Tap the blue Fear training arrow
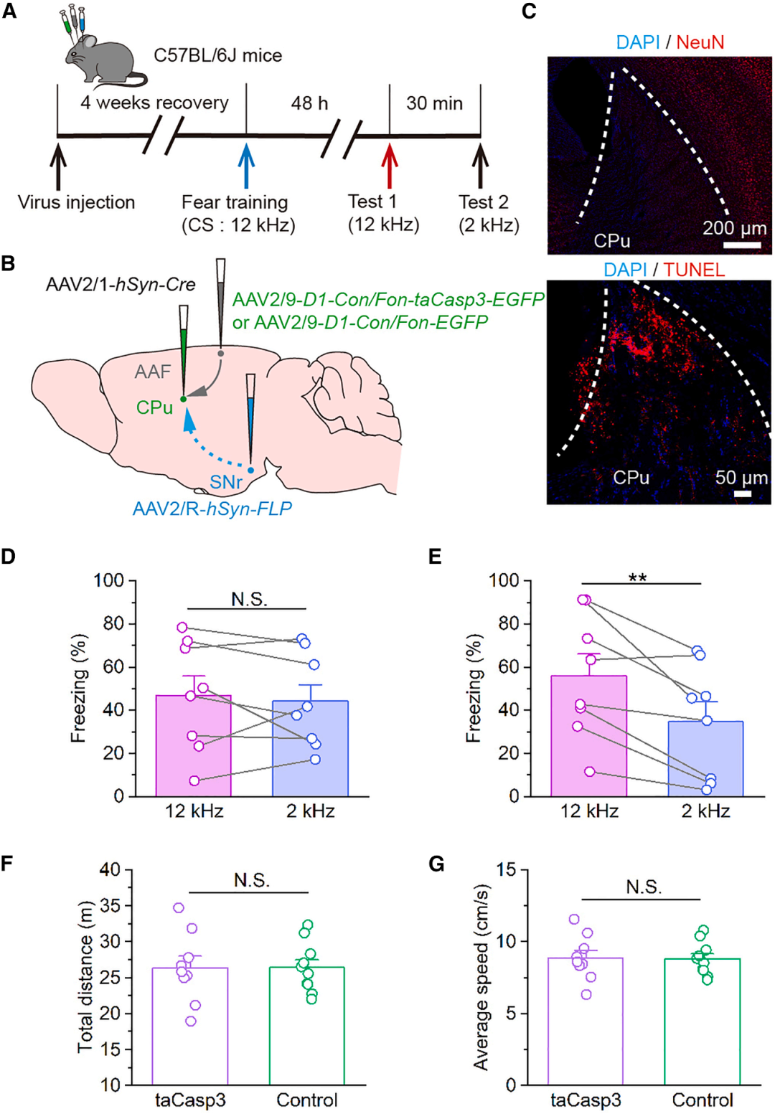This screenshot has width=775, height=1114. (x=246, y=165)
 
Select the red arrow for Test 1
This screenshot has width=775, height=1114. (x=390, y=165)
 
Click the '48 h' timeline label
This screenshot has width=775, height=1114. (x=309, y=103)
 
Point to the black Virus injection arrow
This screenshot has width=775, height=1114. (x=57, y=165)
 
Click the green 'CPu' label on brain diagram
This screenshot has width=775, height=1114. (x=154, y=407)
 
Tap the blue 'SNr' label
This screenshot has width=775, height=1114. (x=227, y=482)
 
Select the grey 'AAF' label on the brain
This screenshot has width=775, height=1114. (x=153, y=372)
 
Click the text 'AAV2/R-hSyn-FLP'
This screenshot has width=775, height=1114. (x=212, y=509)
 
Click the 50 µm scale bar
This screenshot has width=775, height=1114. (x=742, y=494)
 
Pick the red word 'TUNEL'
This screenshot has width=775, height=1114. (x=694, y=270)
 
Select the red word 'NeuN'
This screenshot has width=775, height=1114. (x=700, y=42)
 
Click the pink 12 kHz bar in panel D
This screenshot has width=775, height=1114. (x=194, y=753)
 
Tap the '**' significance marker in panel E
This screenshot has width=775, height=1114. (x=637, y=577)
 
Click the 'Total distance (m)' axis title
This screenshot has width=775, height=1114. (x=85, y=977)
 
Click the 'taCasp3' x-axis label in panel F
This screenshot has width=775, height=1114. (x=190, y=1100)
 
